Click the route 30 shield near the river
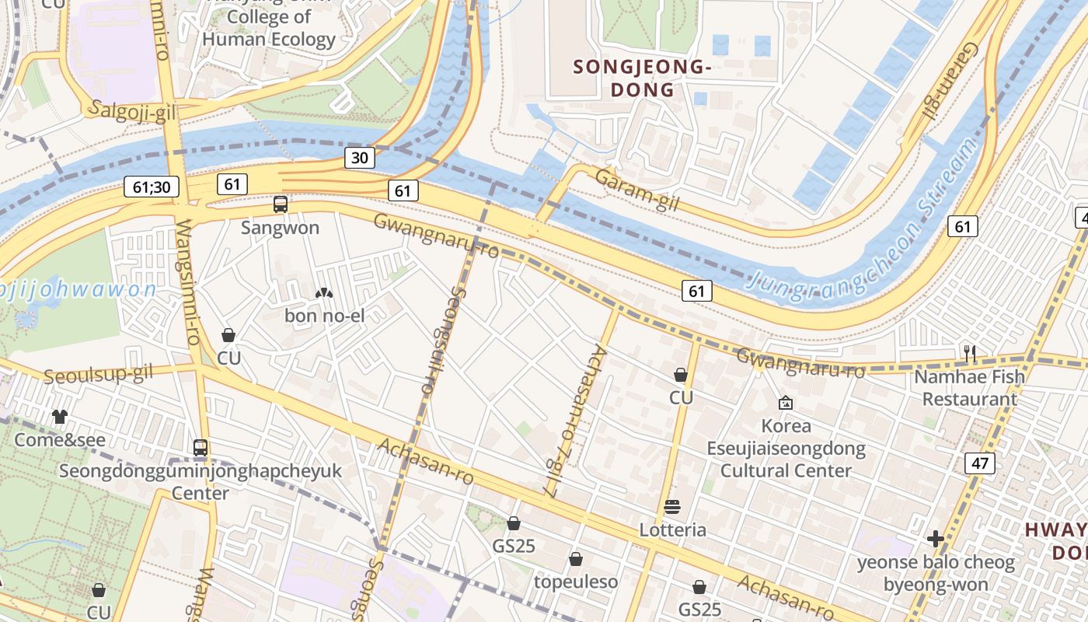point(360,158)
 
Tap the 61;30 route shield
point(152,187)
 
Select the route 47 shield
point(979,464)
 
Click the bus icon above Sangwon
point(281,204)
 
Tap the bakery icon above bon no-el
point(323,293)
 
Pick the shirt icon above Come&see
point(60,417)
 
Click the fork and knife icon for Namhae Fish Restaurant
point(969,354)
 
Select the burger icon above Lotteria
point(672,508)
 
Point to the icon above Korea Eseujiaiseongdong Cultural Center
point(785,403)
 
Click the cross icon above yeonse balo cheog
point(936,539)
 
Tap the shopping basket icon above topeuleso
point(576,559)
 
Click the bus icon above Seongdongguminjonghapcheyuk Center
point(201,448)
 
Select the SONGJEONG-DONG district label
point(643,79)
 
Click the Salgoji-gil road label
point(134,112)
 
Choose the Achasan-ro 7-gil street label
point(574,420)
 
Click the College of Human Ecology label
point(268,28)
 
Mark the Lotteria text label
point(672,530)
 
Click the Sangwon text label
point(280,228)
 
